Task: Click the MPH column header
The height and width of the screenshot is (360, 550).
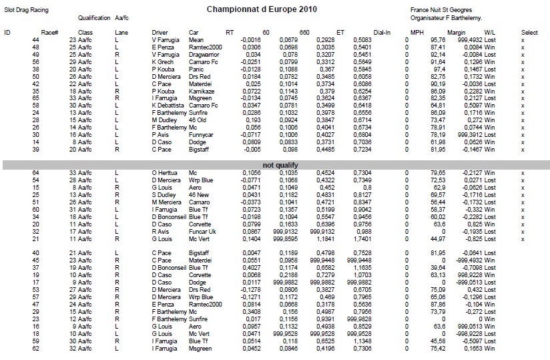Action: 417,32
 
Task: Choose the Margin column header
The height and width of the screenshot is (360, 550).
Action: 457,32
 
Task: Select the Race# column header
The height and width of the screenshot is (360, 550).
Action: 50,32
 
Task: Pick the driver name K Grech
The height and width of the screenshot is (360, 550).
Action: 163,61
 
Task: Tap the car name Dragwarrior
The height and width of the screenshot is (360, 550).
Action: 204,55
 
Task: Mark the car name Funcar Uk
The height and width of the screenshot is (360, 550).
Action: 202,231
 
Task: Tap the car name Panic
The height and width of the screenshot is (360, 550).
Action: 196,69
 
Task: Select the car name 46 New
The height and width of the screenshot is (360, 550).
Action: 199,196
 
